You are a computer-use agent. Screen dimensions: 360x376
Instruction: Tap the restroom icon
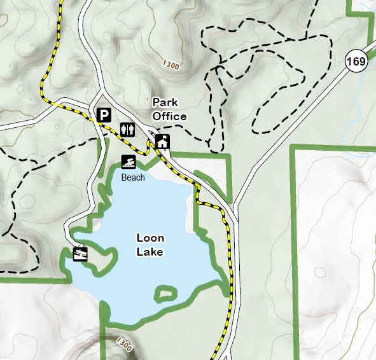coord(128,130)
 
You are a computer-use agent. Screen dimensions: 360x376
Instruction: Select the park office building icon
coord(163,141)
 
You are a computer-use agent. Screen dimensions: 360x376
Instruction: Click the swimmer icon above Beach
coord(129,163)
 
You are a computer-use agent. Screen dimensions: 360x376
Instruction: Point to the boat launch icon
coord(80,254)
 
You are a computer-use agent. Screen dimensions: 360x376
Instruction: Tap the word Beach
coord(133,177)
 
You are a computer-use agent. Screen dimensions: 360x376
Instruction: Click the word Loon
coord(150,239)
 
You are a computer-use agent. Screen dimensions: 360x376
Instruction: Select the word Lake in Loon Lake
coord(150,252)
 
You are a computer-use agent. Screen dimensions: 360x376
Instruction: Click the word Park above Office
coord(164,102)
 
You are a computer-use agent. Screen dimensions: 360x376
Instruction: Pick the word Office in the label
coord(169,116)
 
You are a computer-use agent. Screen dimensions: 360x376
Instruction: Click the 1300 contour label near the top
coord(171,65)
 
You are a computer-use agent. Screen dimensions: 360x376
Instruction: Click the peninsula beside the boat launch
coord(104,260)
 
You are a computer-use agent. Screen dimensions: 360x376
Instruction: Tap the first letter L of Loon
coord(139,239)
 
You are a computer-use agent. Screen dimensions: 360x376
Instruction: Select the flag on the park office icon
coord(167,137)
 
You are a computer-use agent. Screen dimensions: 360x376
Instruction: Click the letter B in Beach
coord(123,177)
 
